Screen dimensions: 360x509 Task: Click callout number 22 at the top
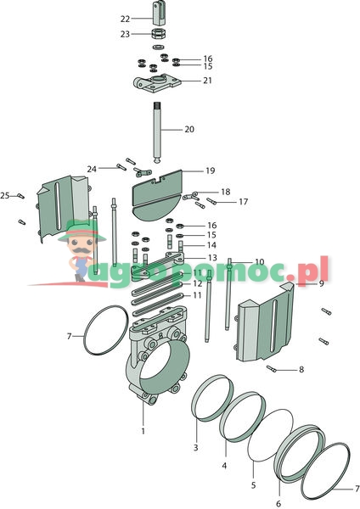pos(125,19)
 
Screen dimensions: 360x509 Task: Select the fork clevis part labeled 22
pos(160,13)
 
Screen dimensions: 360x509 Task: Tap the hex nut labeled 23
pos(160,33)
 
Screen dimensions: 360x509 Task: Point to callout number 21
pos(208,81)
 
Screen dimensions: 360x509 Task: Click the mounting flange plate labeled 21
pos(157,83)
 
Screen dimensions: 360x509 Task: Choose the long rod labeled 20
pos(157,133)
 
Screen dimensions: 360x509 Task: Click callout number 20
pos(189,129)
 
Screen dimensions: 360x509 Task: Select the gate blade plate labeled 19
pos(158,195)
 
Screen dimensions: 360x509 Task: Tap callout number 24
pos(92,169)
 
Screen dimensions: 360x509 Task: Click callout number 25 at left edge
pos(5,195)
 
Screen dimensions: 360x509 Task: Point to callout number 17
pos(244,202)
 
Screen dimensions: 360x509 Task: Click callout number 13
pos(212,258)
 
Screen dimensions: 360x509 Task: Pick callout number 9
pos(321,283)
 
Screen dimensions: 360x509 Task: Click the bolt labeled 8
pos(272,369)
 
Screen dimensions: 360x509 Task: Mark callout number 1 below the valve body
pos(143,431)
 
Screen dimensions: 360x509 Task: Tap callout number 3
pos(195,448)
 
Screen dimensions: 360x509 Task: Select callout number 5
pos(253,485)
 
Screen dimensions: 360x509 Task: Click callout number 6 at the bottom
pos(278,503)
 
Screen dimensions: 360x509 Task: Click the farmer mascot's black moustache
pos(80,250)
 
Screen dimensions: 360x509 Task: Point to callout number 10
pos(260,261)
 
